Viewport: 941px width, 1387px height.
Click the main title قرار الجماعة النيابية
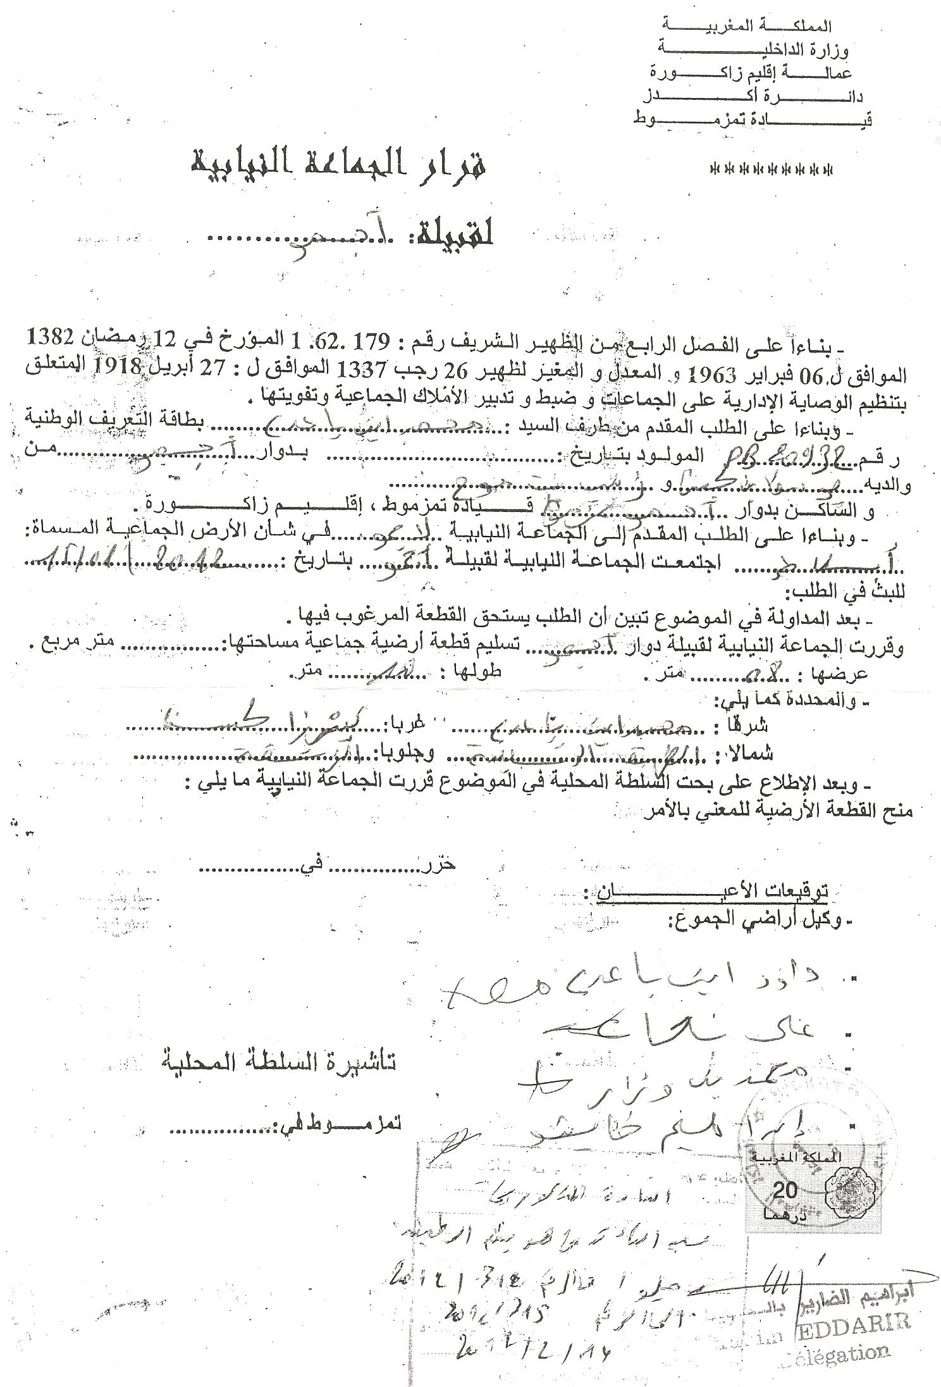341,165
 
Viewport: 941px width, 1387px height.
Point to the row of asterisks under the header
772,170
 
